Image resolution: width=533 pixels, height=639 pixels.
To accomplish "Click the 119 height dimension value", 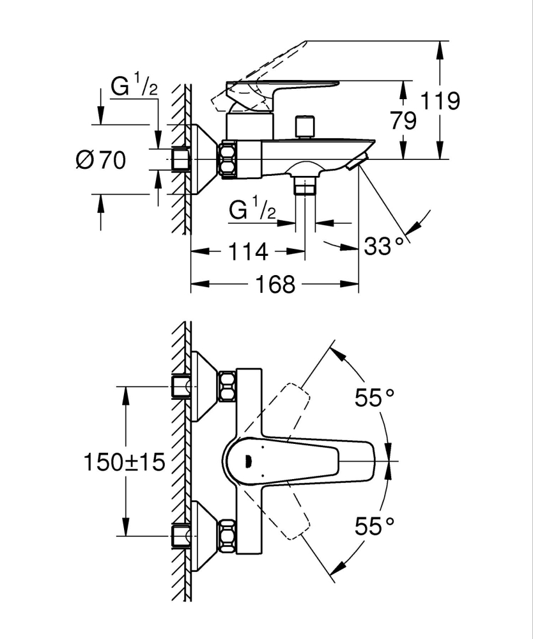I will pos(442,100).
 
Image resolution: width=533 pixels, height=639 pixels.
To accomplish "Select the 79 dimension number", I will pos(403,122).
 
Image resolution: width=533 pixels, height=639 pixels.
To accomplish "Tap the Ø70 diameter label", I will pos(100,160).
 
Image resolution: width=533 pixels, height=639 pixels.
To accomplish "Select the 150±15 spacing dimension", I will pos(124,461).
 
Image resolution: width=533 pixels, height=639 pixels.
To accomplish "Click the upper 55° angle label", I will pos(375,398).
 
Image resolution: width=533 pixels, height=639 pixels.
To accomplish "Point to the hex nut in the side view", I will pos(228,159).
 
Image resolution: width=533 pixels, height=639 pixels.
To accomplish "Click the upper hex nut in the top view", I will pos(228,387).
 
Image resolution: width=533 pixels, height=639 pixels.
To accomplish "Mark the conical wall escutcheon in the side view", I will pos(202,159).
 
